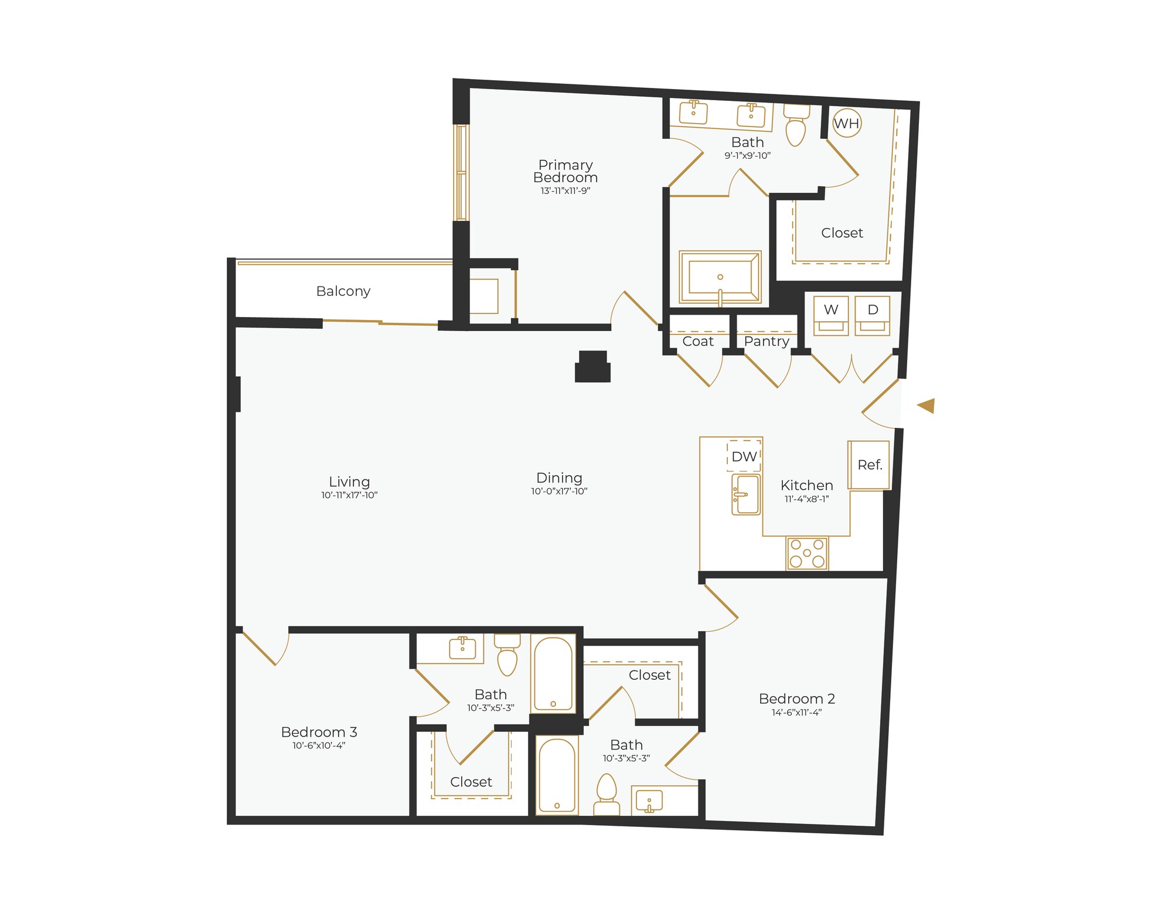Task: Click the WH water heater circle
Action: point(847,124)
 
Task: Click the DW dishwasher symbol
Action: point(744,457)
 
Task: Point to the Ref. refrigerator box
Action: point(870,465)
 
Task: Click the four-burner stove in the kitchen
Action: point(808,553)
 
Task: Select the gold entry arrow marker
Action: point(926,406)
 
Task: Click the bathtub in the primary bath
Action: point(720,278)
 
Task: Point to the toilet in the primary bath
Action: point(796,127)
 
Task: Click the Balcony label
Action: point(343,291)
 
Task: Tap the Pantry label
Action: point(766,341)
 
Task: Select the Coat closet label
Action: point(698,341)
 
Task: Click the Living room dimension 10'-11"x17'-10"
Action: point(349,495)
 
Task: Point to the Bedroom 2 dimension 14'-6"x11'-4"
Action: point(797,713)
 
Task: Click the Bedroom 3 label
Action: point(319,732)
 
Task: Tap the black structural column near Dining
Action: point(593,368)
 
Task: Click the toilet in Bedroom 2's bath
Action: point(607,794)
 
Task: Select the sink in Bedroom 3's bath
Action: point(462,648)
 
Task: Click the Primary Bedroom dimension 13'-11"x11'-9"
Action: point(565,191)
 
